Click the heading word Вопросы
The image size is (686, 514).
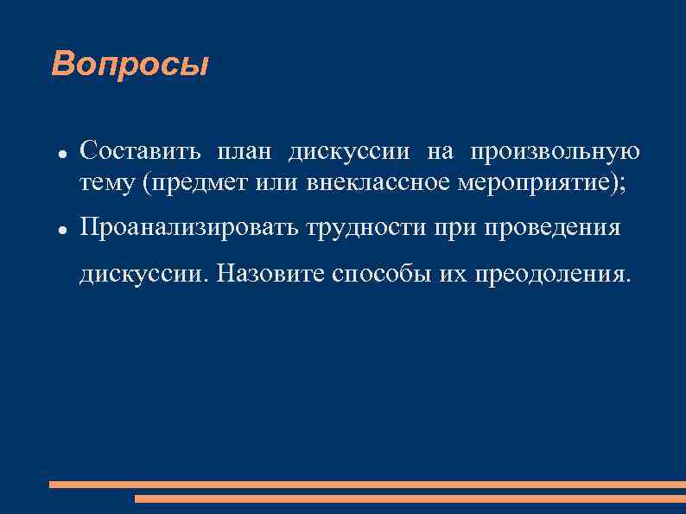(x=130, y=64)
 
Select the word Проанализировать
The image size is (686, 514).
(x=187, y=228)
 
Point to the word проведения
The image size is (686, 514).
(x=551, y=228)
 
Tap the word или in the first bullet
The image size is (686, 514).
(x=274, y=184)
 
